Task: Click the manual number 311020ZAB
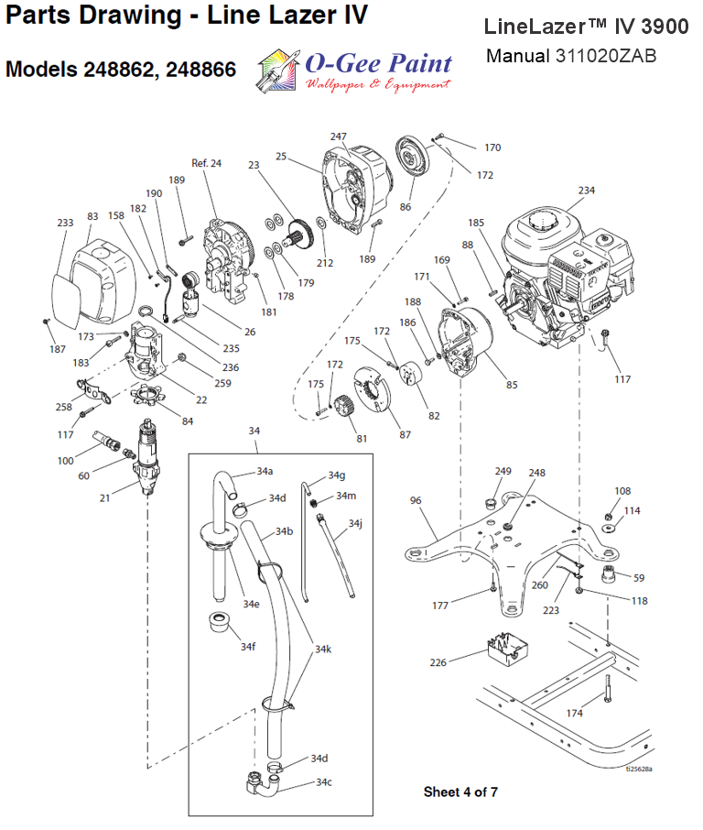[604, 56]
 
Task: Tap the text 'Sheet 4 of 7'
[460, 791]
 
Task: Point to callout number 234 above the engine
[586, 191]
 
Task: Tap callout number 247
[339, 137]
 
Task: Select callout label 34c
[323, 781]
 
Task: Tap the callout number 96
[416, 501]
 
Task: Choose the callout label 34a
[265, 471]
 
